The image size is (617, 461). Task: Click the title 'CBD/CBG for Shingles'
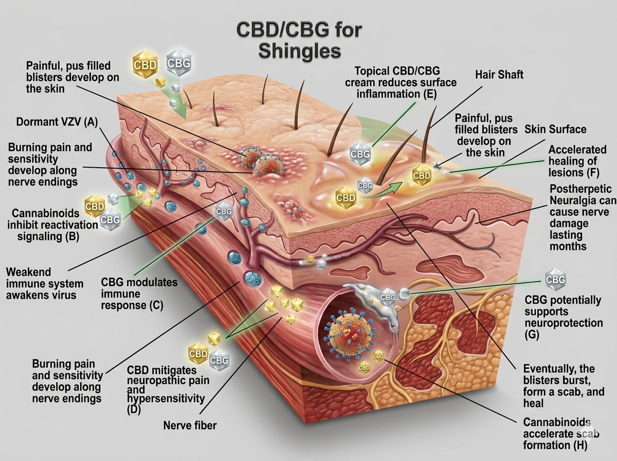pyautogui.click(x=299, y=40)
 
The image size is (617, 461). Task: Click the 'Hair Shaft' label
pyautogui.click(x=499, y=75)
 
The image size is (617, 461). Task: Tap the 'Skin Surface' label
pyautogui.click(x=555, y=129)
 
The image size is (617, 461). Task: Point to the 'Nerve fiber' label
pyautogui.click(x=190, y=425)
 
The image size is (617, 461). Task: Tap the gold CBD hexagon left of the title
pyautogui.click(x=144, y=65)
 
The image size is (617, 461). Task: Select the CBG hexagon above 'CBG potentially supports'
pyautogui.click(x=555, y=280)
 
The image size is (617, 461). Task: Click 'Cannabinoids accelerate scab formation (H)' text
pyautogui.click(x=560, y=433)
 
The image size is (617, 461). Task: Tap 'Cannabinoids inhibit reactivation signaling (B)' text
pyautogui.click(x=49, y=225)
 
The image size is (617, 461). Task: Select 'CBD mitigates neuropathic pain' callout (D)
pyautogui.click(x=168, y=388)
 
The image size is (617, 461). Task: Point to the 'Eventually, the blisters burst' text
pyautogui.click(x=558, y=386)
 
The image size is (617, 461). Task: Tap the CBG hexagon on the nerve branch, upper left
pyautogui.click(x=223, y=211)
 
